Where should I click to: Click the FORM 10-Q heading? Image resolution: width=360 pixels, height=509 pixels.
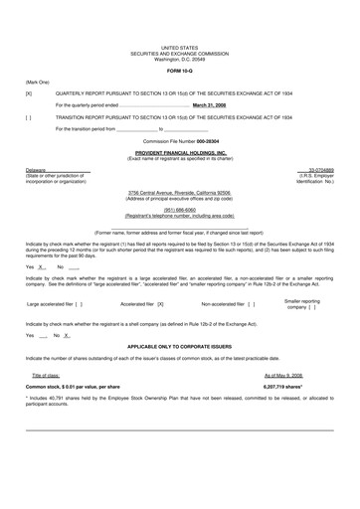coord(180,71)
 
